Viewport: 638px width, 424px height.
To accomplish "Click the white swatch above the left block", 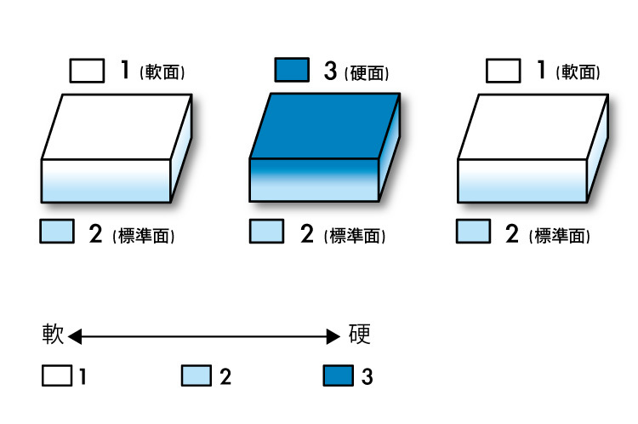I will pyautogui.click(x=87, y=71).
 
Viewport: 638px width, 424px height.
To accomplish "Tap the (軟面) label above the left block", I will pyautogui.click(x=162, y=72).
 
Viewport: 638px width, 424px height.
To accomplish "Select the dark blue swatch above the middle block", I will pyautogui.click(x=292, y=71).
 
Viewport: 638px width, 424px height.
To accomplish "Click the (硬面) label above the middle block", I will pyautogui.click(x=368, y=72).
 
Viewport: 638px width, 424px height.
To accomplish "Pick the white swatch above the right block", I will pyautogui.click(x=503, y=71).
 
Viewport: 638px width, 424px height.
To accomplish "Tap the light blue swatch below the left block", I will pyautogui.click(x=57, y=231).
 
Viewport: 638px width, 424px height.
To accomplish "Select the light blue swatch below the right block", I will pyautogui.click(x=474, y=231).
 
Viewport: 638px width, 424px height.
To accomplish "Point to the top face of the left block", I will pyautogui.click(x=117, y=125).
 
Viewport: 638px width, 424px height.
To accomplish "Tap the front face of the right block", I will pyautogui.click(x=523, y=180).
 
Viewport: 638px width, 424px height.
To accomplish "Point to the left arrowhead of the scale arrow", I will pyautogui.click(x=75, y=338).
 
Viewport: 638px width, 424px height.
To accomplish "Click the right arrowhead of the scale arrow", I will pyautogui.click(x=334, y=338).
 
